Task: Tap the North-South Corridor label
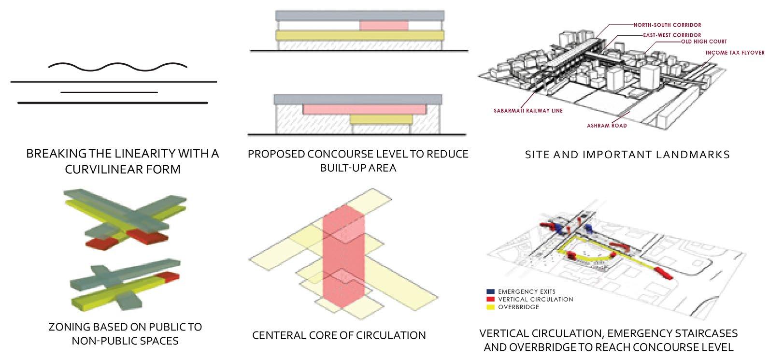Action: click(x=667, y=25)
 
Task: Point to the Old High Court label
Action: click(x=704, y=42)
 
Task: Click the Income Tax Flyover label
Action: click(x=735, y=53)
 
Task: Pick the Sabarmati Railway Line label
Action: click(x=528, y=111)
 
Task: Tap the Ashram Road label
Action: click(x=607, y=126)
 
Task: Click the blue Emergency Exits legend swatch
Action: click(x=491, y=292)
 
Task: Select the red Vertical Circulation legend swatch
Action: click(x=491, y=300)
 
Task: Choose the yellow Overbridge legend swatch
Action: click(x=491, y=307)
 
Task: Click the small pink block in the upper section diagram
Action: click(x=384, y=26)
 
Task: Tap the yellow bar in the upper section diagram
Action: click(x=359, y=35)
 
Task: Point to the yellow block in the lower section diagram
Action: click(x=381, y=119)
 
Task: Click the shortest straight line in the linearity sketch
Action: click(x=109, y=92)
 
